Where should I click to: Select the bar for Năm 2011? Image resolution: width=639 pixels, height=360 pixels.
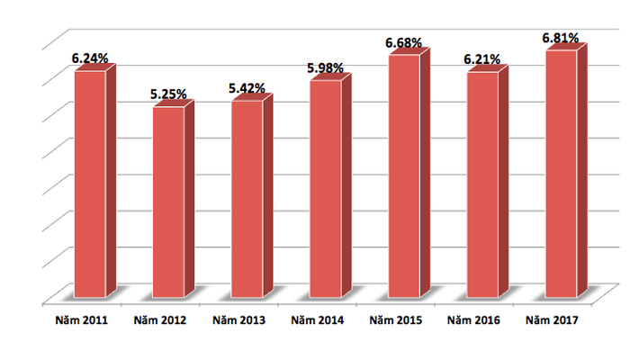pos(90,184)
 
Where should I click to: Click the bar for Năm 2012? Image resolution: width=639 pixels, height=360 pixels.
pos(168,202)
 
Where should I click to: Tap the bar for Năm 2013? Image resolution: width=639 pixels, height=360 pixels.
pos(247,199)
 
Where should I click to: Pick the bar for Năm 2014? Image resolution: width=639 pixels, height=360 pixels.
pos(326,189)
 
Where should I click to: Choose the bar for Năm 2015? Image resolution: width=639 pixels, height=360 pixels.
pos(404,176)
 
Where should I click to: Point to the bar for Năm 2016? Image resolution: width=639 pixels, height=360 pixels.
pos(482,184)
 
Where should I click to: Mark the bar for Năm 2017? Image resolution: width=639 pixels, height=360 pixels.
pos(561,174)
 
